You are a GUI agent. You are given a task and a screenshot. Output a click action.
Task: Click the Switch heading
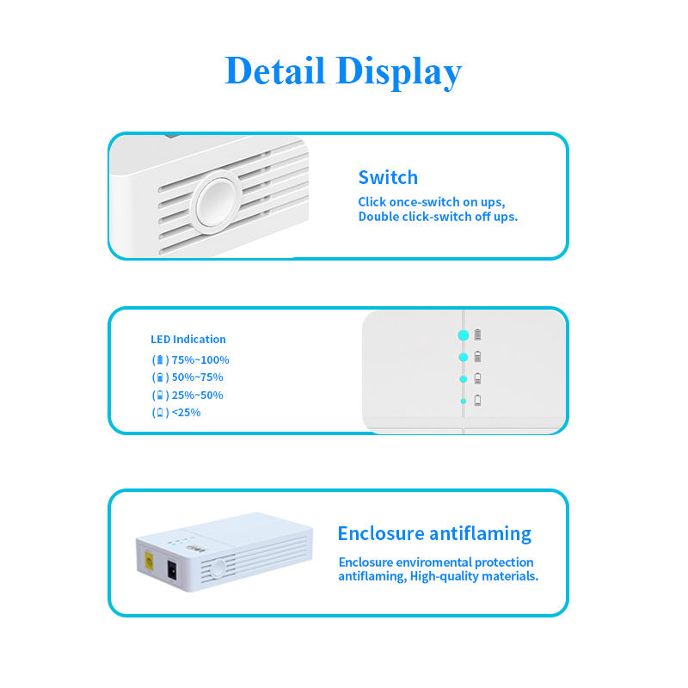point(388,178)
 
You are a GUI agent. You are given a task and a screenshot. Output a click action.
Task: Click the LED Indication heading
point(188,339)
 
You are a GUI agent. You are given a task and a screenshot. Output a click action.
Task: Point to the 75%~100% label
point(200,360)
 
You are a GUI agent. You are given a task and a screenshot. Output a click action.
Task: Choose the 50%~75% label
point(197,378)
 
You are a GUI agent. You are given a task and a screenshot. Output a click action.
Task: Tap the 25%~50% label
point(197,395)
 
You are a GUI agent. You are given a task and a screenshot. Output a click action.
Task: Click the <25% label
point(186,412)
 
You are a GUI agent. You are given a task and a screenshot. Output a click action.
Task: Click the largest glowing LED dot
point(464,335)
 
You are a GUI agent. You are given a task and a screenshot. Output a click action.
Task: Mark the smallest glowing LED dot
point(464,401)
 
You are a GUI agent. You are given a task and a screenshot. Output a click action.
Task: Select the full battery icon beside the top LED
point(478,335)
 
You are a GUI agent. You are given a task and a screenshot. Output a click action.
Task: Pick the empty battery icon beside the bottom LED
point(478,400)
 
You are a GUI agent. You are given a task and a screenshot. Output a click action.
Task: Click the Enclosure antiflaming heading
point(434,533)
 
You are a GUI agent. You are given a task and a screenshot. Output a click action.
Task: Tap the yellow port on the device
point(150,563)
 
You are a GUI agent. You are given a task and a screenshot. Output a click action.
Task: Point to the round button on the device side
point(218,568)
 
